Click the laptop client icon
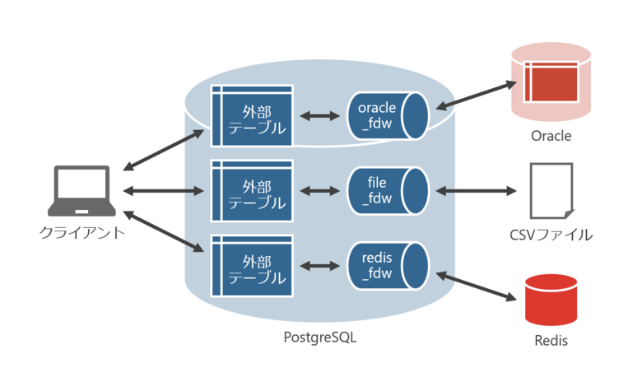pos(81,192)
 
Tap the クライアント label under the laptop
pos(82,232)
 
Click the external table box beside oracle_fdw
pos(252,115)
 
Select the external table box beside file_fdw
pos(252,190)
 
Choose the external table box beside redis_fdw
pos(252,265)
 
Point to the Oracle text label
pos(551,136)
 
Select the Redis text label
pos(551,340)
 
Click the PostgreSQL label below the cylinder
pos(320,337)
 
